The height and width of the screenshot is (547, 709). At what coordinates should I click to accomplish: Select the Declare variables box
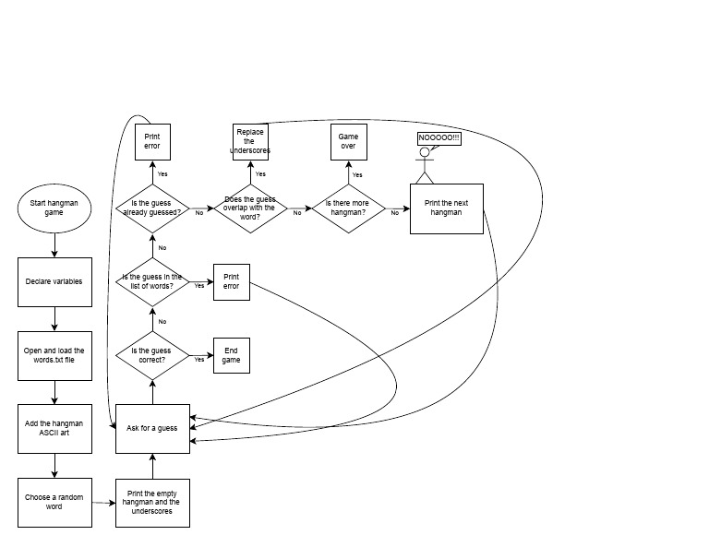point(54,281)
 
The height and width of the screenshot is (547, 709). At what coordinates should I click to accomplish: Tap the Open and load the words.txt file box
point(54,355)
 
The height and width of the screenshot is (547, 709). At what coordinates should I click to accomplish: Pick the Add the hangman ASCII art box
point(54,428)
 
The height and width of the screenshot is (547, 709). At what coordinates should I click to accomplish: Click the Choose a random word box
point(54,503)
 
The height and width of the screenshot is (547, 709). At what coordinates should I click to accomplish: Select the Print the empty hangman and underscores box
point(152,503)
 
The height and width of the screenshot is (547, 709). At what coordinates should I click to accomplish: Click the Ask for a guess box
point(152,428)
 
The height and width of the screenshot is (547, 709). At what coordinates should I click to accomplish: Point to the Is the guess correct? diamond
point(151,355)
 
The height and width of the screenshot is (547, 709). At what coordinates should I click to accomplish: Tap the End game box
point(231,355)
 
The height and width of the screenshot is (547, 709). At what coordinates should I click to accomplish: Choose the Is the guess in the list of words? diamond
point(151,282)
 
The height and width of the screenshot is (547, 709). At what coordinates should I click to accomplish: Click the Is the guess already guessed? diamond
point(151,208)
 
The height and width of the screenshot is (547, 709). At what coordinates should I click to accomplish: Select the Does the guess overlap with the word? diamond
point(251,208)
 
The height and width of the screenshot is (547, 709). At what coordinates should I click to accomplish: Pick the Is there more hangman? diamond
point(349,208)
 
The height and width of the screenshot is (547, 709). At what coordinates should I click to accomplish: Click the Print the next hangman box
point(447,208)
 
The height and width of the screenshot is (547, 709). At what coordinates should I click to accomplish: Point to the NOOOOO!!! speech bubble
point(439,137)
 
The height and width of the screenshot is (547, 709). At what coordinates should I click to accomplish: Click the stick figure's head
point(425,153)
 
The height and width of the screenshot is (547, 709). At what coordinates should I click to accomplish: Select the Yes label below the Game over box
point(357,174)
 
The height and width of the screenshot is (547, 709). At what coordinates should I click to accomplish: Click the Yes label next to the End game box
point(199,359)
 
